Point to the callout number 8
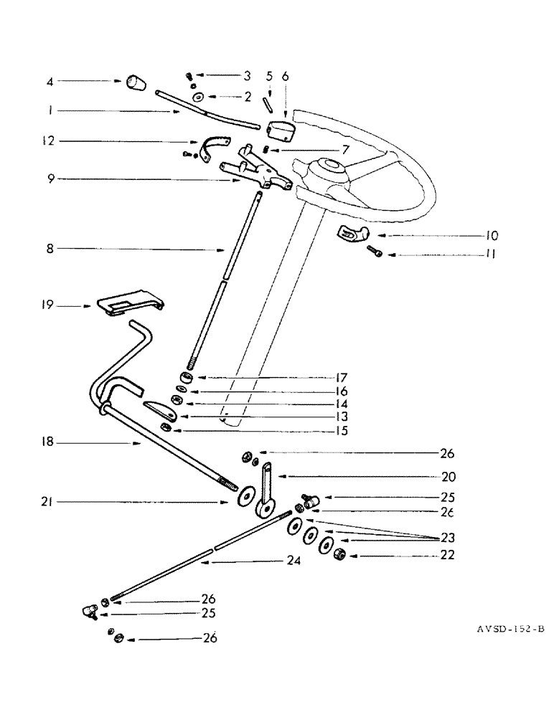pyautogui.click(x=50, y=249)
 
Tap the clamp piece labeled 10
pyautogui.click(x=349, y=234)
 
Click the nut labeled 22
pyautogui.click(x=342, y=554)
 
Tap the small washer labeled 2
pyautogui.click(x=196, y=96)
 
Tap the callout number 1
pyautogui.click(x=50, y=111)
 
